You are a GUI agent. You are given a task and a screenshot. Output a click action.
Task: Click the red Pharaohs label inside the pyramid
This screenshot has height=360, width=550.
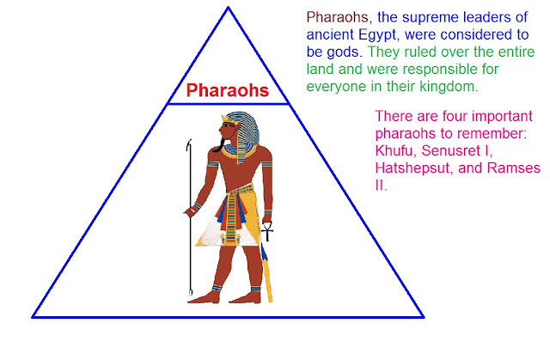click(228, 89)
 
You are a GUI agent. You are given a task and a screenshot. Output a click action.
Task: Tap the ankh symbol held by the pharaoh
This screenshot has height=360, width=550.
click(267, 230)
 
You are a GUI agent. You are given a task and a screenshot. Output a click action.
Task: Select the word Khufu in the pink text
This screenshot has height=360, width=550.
click(395, 153)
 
